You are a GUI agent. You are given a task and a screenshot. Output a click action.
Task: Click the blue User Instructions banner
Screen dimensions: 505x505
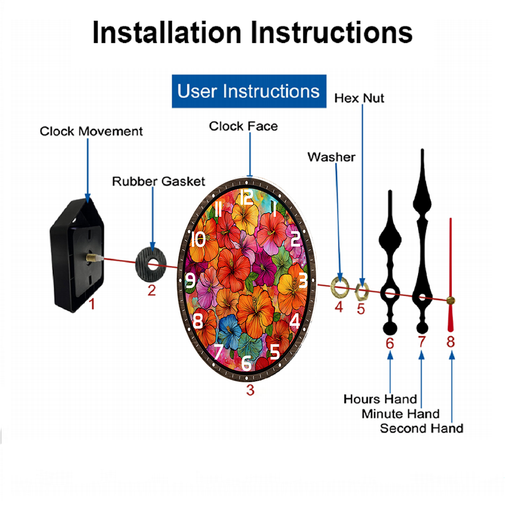click(x=249, y=91)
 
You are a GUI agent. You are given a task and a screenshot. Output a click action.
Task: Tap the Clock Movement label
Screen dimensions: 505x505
click(x=91, y=131)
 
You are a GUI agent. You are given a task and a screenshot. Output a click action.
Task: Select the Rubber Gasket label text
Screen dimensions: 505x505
click(x=159, y=181)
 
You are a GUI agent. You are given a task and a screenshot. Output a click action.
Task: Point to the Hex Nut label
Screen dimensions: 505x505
click(x=359, y=98)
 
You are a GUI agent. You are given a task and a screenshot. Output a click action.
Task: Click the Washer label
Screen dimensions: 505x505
click(x=331, y=157)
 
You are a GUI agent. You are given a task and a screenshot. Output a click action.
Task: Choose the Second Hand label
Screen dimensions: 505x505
click(x=422, y=428)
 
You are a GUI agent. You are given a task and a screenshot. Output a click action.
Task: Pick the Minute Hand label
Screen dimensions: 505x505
click(x=400, y=414)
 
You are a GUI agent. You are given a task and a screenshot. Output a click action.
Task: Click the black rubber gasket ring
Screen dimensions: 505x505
click(x=150, y=264)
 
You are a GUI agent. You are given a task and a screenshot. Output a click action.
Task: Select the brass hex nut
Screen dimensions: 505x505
click(x=362, y=291)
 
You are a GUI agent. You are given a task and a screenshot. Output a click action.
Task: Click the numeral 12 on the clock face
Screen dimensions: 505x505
click(x=247, y=197)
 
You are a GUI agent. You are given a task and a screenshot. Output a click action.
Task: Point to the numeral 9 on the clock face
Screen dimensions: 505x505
click(x=191, y=280)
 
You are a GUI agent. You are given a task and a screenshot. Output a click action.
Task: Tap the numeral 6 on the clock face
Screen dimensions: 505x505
click(x=246, y=363)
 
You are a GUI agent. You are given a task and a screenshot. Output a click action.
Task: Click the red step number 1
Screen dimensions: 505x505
click(x=92, y=304)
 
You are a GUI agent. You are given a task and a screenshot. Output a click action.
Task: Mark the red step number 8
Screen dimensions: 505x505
click(x=450, y=342)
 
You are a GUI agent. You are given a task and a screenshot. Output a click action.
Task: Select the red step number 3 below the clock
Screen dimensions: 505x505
click(x=250, y=390)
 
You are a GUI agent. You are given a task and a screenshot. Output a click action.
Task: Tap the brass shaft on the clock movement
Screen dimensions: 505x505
click(x=91, y=257)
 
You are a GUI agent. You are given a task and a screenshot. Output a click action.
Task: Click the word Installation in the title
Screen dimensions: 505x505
click(x=167, y=32)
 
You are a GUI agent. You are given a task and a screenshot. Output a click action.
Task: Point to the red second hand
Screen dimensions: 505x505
click(x=450, y=275)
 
